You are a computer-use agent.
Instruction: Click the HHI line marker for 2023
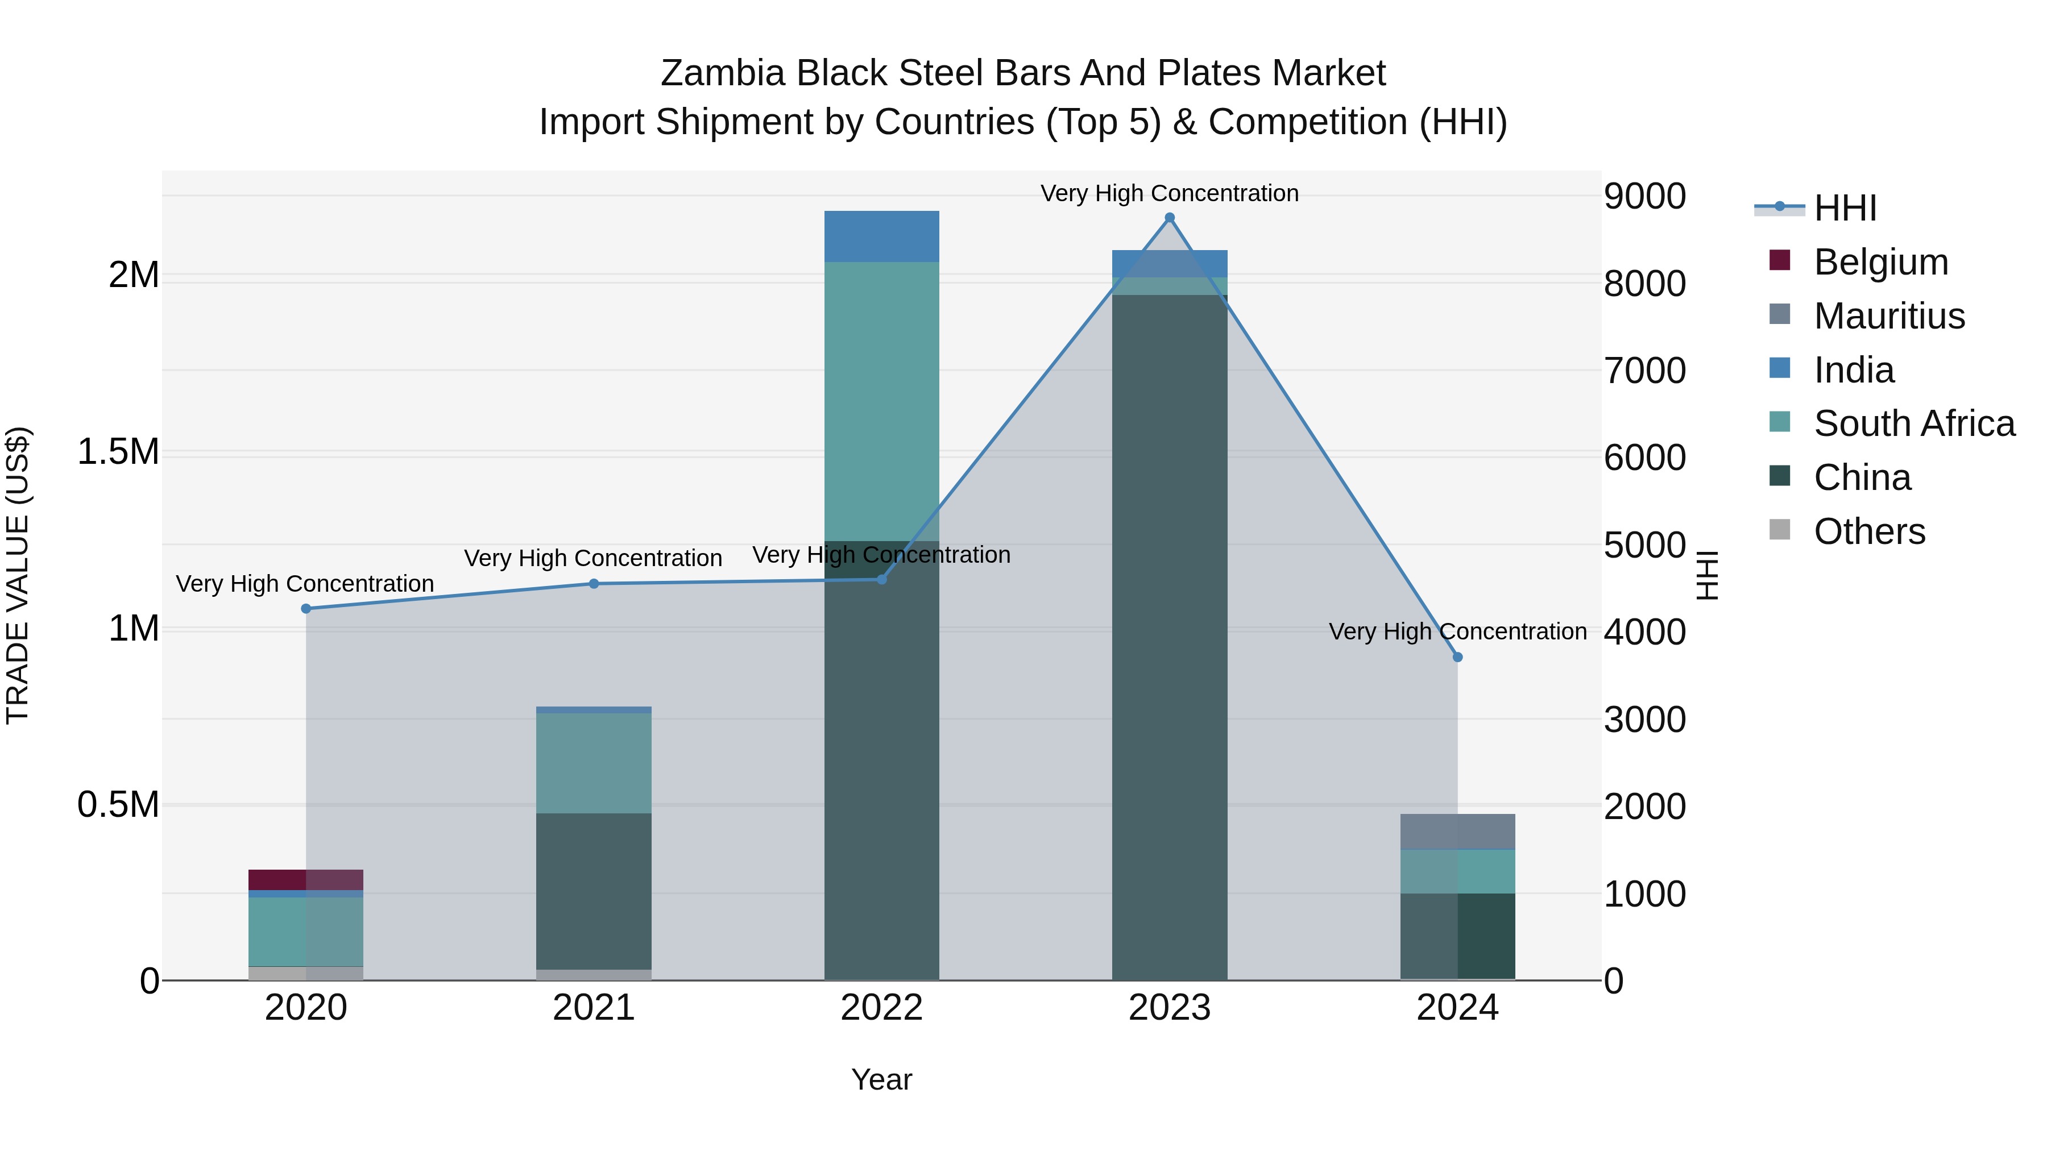[x=1169, y=218]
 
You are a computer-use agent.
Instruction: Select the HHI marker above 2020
[x=306, y=608]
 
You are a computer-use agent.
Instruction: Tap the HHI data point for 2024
[x=1457, y=657]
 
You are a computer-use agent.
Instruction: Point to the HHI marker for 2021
[x=594, y=584]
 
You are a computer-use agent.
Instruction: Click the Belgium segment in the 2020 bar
[x=306, y=879]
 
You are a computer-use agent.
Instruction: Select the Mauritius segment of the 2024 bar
[x=1457, y=832]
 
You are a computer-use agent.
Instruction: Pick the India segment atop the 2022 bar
[x=881, y=236]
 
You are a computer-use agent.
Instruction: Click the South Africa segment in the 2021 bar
[x=594, y=763]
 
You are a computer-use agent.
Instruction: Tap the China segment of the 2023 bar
[x=1169, y=635]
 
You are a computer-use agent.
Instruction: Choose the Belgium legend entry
[x=1881, y=262]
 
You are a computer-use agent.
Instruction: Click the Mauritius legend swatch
[x=1780, y=314]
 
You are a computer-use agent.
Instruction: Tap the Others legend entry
[x=1869, y=531]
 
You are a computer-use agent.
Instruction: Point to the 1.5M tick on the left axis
[x=118, y=452]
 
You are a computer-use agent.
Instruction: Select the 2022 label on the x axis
[x=881, y=1008]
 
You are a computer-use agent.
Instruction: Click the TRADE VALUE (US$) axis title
[x=18, y=575]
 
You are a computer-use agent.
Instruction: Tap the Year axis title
[x=881, y=1079]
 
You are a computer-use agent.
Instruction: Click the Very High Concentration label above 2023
[x=1169, y=193]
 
